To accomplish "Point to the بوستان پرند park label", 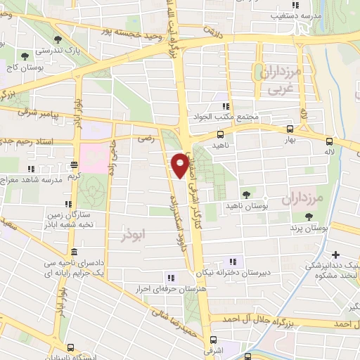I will [308, 229].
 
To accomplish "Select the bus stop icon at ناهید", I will [221, 134].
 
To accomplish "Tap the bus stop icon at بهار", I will [290, 129].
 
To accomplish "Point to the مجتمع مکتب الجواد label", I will [220, 116].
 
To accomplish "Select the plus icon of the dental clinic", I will [336, 255].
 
